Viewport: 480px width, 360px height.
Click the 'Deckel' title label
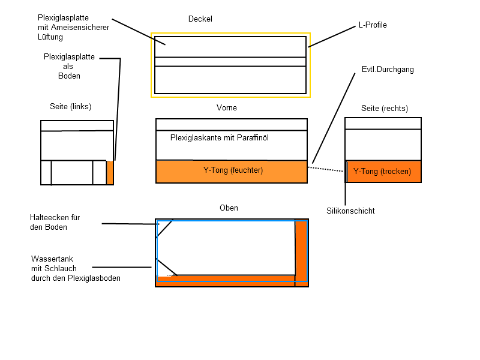[200, 19]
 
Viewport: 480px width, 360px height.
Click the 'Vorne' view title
[226, 108]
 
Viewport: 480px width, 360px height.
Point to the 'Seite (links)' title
[70, 107]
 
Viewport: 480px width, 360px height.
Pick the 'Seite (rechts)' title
[384, 109]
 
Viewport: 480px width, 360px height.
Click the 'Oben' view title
[229, 208]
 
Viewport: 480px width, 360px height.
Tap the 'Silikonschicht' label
[350, 211]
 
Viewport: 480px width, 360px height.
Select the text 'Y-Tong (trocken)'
[382, 172]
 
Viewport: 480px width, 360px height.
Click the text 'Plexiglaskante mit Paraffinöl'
[219, 138]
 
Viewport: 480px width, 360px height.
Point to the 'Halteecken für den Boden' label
[55, 222]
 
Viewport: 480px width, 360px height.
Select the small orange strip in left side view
[110, 173]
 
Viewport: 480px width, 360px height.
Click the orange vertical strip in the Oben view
[301, 252]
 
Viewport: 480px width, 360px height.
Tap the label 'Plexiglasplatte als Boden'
[69, 67]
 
